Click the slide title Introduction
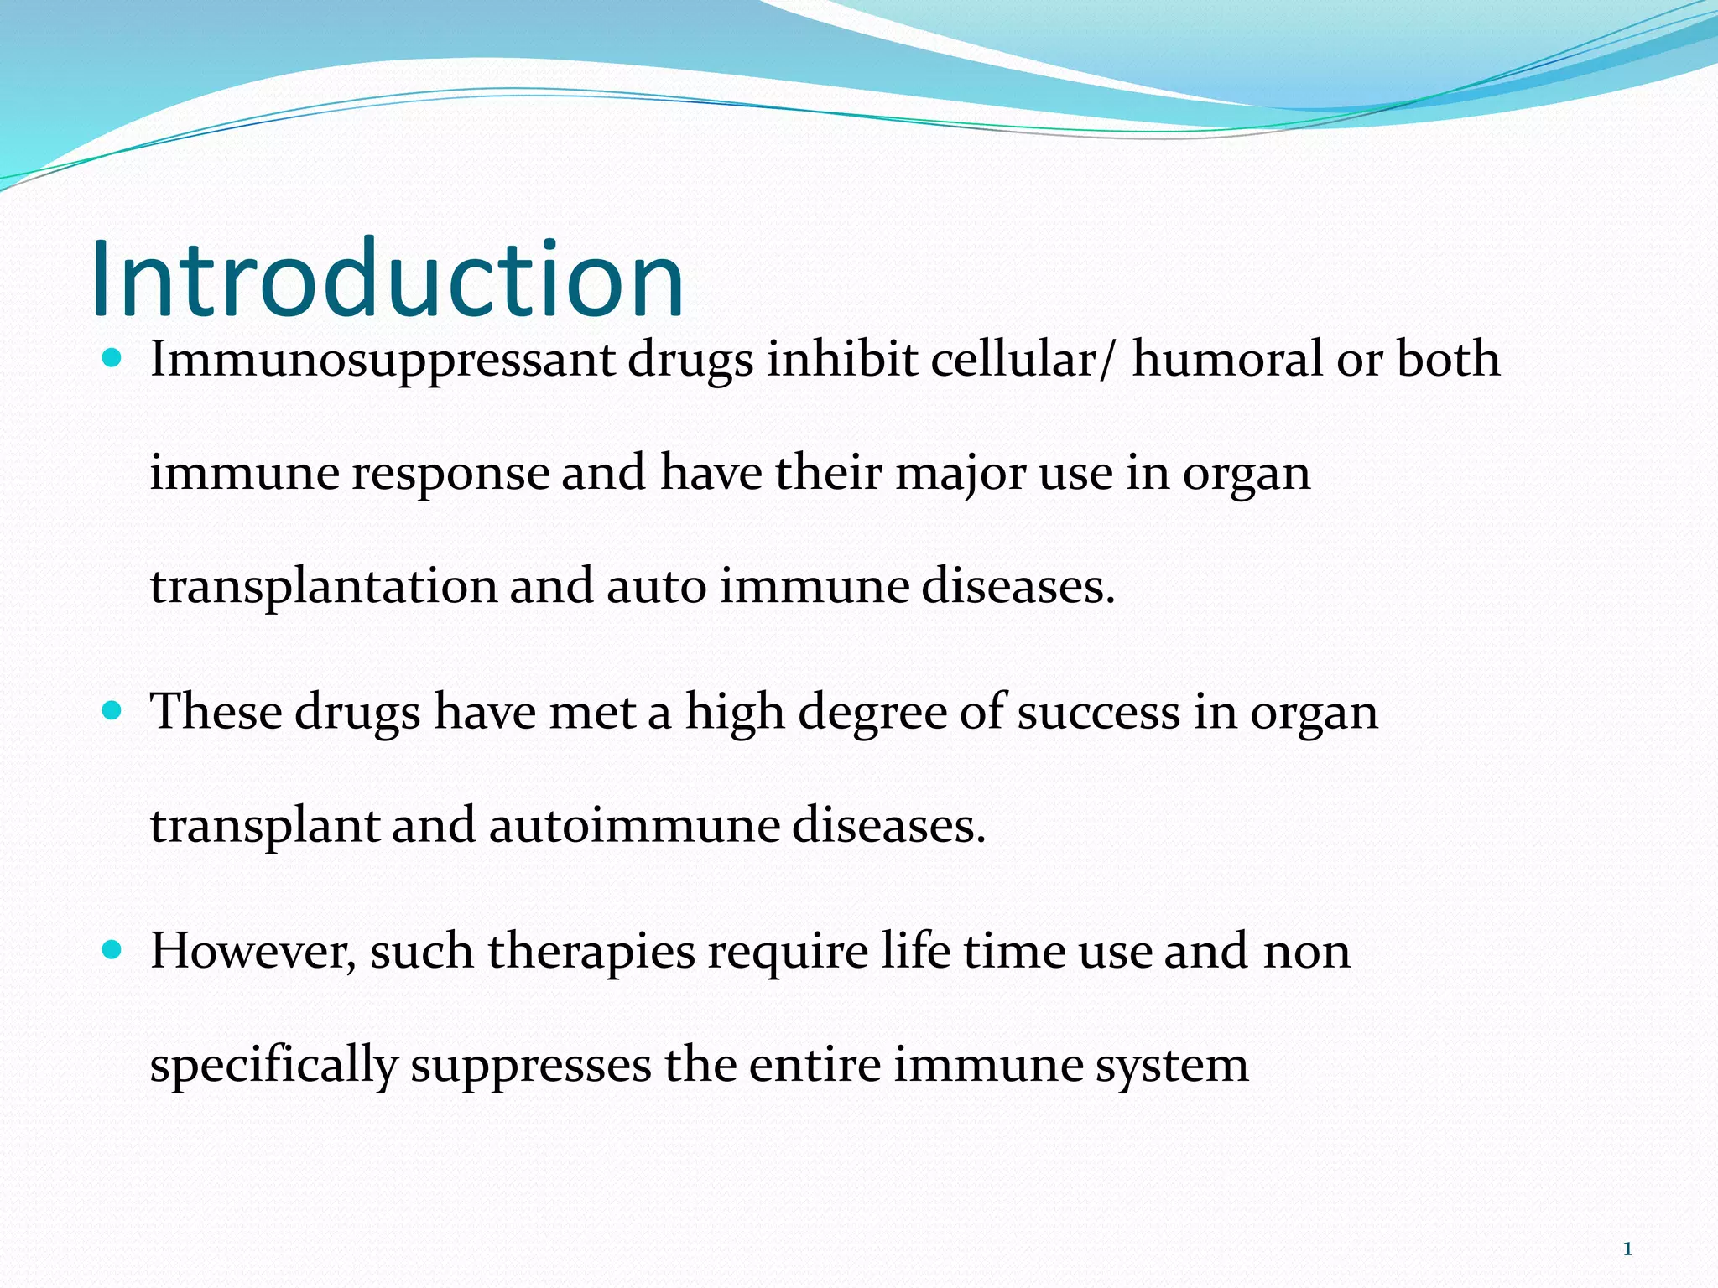click(x=387, y=278)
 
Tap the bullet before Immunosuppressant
click(x=112, y=359)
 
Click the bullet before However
click(x=112, y=951)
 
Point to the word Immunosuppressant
click(x=383, y=361)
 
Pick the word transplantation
click(x=324, y=587)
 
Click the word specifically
click(x=273, y=1067)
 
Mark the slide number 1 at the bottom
click(x=1627, y=1249)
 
